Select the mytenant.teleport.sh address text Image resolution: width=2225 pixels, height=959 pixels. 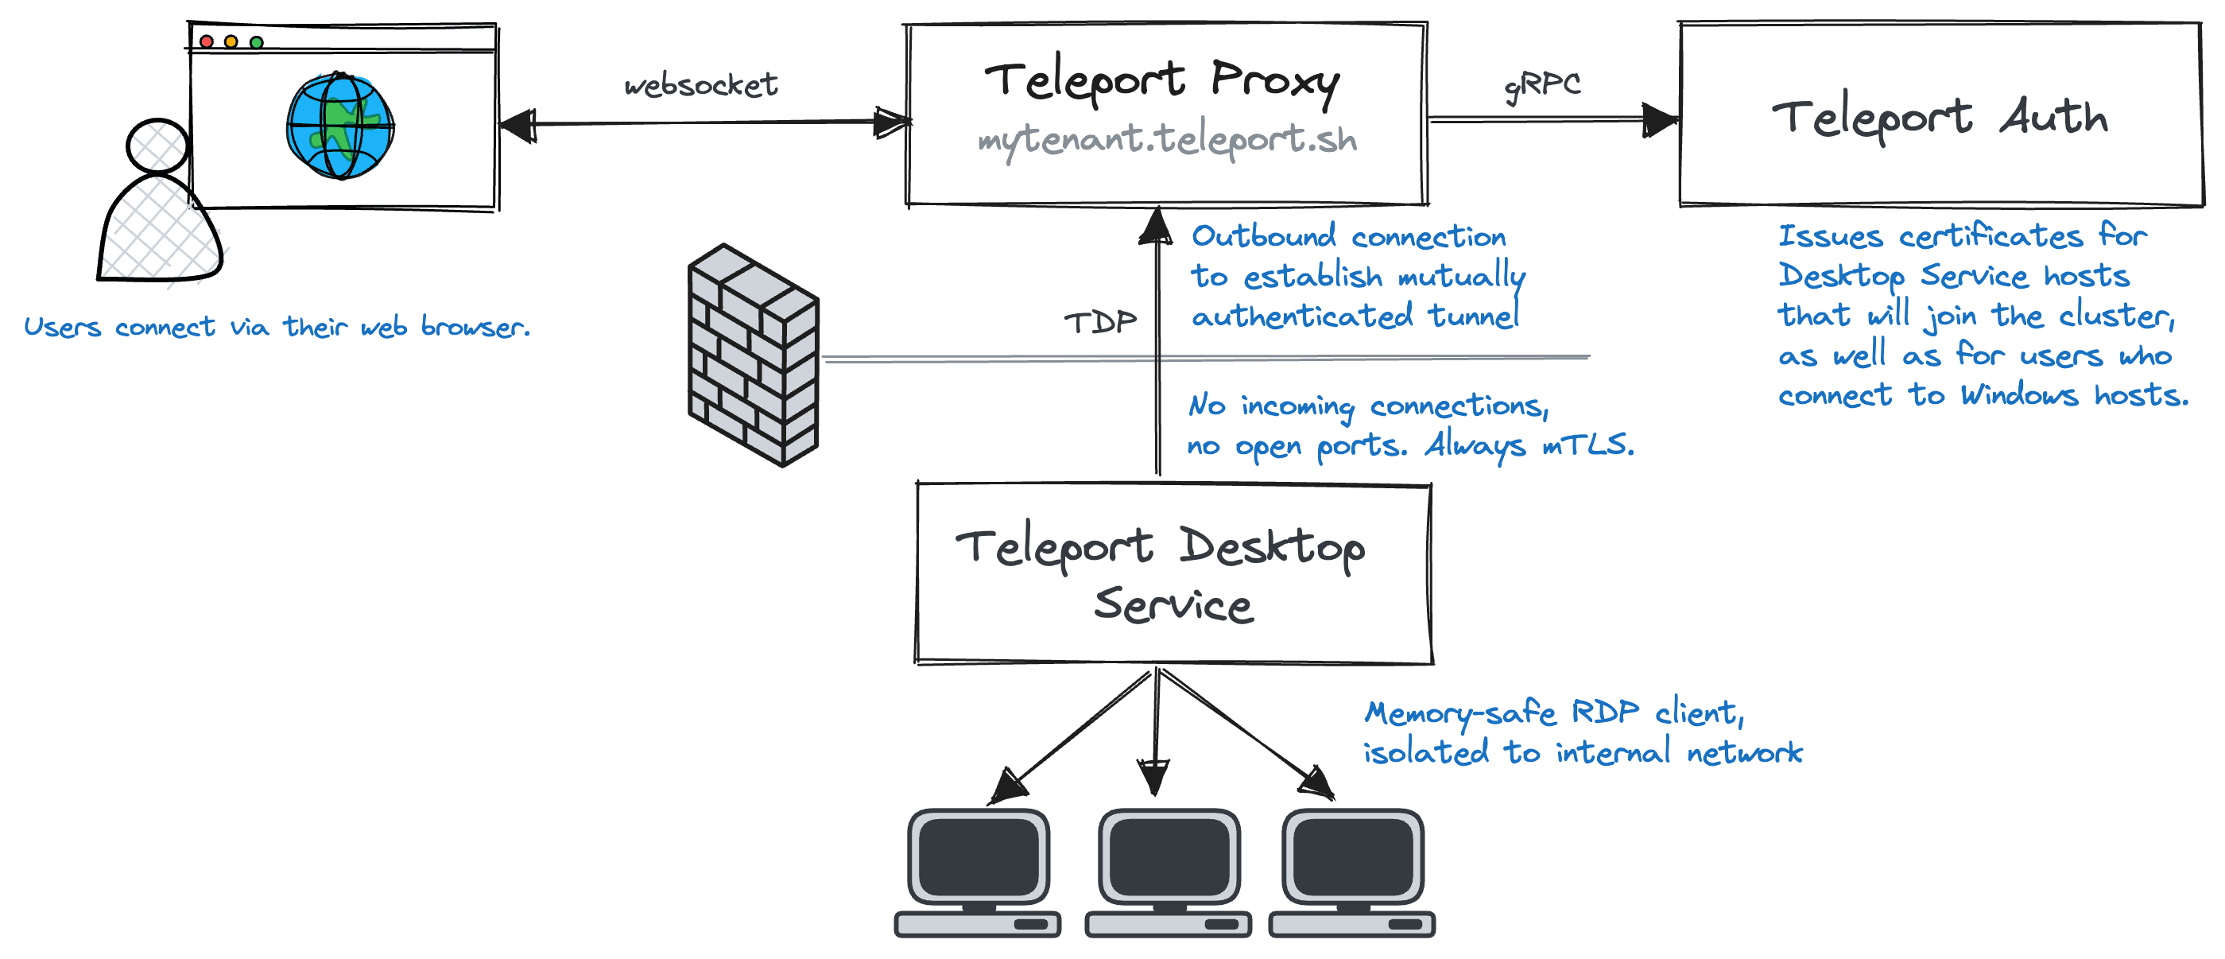pyautogui.click(x=1167, y=141)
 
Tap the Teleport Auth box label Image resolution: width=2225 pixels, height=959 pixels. pyautogui.click(x=1940, y=117)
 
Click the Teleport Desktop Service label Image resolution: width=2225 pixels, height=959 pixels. pyautogui.click(x=1161, y=575)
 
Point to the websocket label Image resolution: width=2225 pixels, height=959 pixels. pyautogui.click(x=700, y=84)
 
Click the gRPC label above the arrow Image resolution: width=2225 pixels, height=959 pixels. pyautogui.click(x=1543, y=84)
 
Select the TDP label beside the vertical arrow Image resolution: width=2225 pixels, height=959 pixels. pyautogui.click(x=1099, y=322)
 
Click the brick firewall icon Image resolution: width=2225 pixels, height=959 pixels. pyautogui.click(x=752, y=356)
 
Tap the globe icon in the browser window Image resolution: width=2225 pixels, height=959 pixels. pyautogui.click(x=340, y=126)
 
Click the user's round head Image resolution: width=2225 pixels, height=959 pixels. pyautogui.click(x=157, y=146)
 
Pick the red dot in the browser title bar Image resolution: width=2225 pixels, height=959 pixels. pyautogui.click(x=207, y=41)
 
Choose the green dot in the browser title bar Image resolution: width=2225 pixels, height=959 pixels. pyautogui.click(x=257, y=41)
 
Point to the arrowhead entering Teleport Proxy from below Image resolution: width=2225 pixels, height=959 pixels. pyautogui.click(x=1157, y=227)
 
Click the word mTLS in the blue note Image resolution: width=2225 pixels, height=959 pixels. pyautogui.click(x=1587, y=445)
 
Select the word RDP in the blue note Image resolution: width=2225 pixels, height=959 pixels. pyautogui.click(x=1604, y=712)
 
